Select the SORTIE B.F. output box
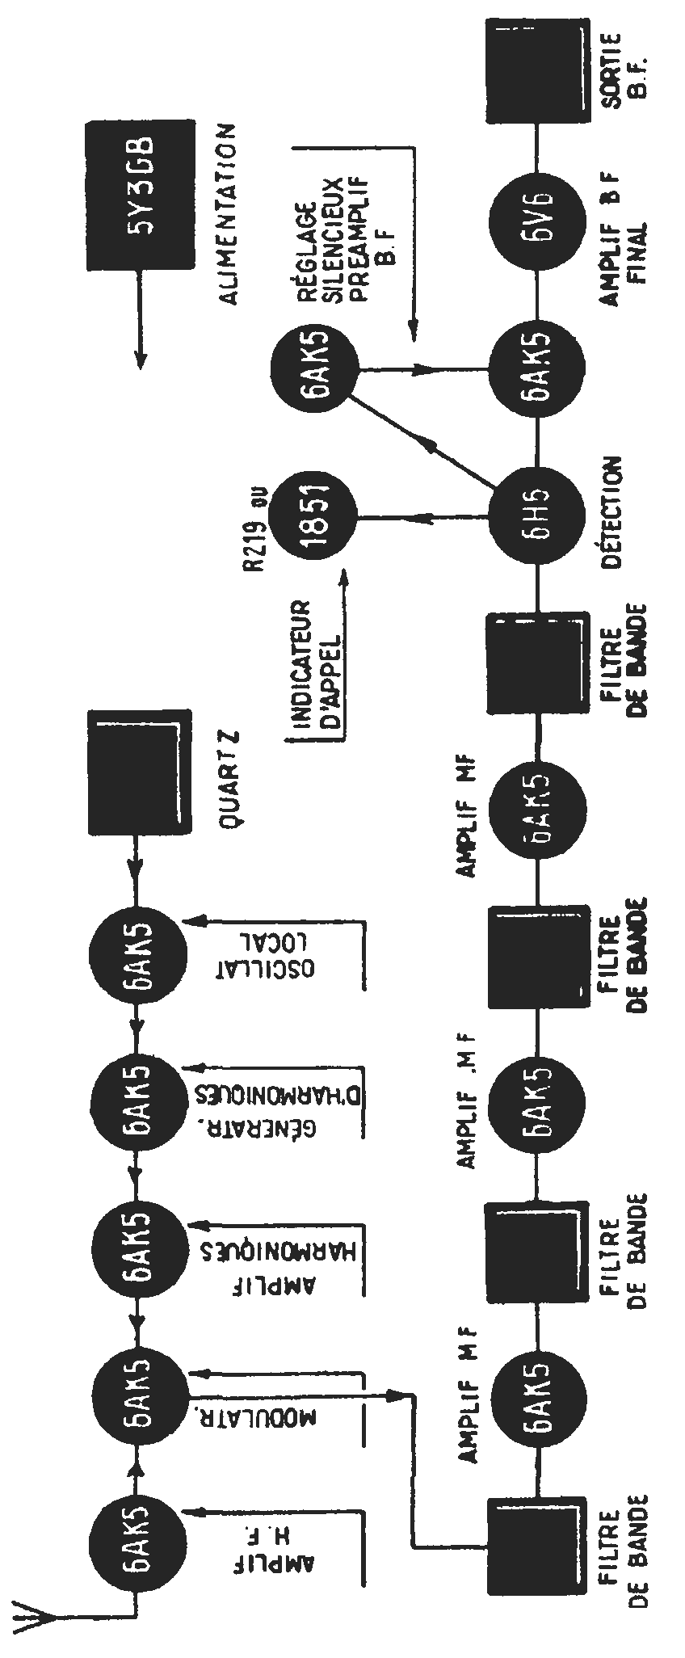click(537, 73)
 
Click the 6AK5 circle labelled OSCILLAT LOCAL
click(137, 953)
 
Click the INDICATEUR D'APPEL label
click(316, 659)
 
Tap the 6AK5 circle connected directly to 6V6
click(535, 371)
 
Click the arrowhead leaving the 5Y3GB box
click(139, 360)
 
